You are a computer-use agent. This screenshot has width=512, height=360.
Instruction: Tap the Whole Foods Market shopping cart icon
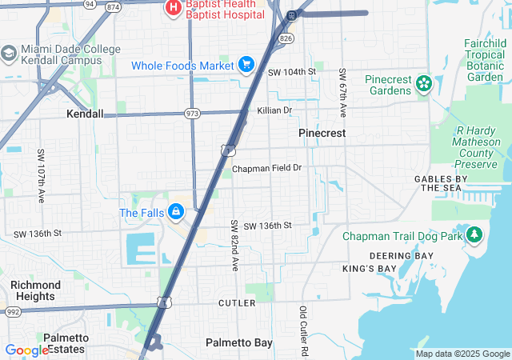point(246,65)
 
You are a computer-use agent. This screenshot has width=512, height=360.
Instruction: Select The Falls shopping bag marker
point(176,213)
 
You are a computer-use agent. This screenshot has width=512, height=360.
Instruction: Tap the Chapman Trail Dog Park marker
point(475,235)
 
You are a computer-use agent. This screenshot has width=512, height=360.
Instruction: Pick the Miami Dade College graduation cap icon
point(10,54)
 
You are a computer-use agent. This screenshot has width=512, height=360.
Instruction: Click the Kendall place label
point(85,114)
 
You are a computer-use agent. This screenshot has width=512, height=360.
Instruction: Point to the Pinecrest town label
point(322,133)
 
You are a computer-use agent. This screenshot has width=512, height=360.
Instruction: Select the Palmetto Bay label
point(239,342)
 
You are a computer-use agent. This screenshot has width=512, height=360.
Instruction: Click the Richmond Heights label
point(35,290)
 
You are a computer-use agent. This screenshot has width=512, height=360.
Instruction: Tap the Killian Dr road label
point(274,110)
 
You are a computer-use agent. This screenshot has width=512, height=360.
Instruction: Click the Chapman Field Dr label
point(267,169)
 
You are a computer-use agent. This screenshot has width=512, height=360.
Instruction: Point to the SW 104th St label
point(292,72)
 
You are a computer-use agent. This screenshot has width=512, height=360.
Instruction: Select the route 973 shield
point(191,114)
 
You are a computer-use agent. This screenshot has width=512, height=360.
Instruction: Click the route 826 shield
point(286,38)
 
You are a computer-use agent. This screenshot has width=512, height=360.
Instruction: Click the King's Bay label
point(369,269)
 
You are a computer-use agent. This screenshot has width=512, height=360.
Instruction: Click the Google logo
point(26,350)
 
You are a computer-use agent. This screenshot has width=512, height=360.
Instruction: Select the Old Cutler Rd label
point(304,330)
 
